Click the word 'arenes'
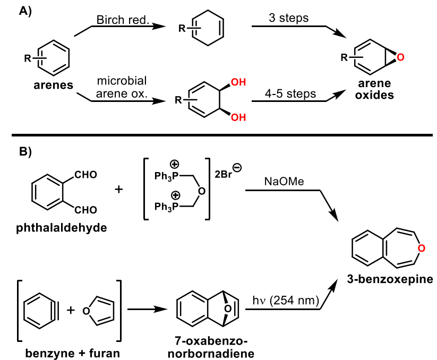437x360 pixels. click(54, 85)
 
